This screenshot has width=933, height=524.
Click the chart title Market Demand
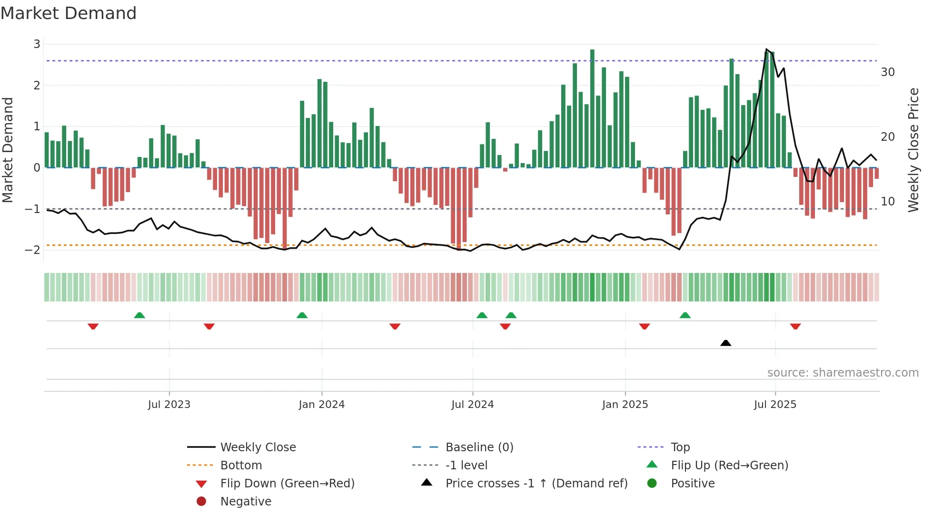[x=69, y=13]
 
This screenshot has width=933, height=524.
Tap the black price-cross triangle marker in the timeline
[x=725, y=343]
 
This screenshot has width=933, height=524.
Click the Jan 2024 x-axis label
[x=321, y=405]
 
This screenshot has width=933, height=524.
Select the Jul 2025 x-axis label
[x=775, y=405]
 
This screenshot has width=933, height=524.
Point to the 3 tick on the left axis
[x=37, y=44]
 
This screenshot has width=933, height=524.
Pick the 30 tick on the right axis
[x=887, y=72]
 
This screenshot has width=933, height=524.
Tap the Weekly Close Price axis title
[x=913, y=150]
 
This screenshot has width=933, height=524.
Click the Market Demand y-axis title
[x=8, y=150]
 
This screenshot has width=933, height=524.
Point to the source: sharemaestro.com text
[x=843, y=373]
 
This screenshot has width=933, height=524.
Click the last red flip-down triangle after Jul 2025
[x=795, y=326]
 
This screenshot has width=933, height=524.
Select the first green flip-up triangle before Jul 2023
[x=139, y=315]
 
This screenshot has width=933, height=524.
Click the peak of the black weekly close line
[x=766, y=49]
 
